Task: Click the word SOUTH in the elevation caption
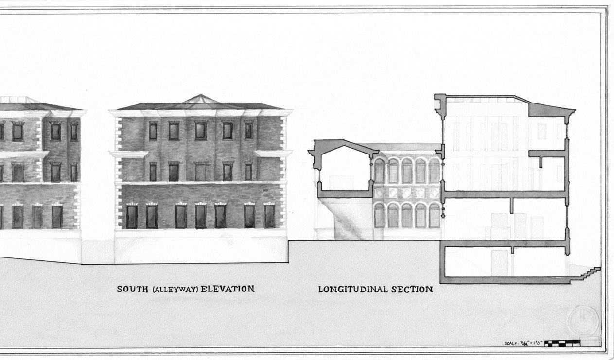[x=133, y=289]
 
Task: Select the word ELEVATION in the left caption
[x=228, y=289]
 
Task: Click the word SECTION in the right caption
[x=413, y=290]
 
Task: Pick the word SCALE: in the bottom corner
[x=513, y=343]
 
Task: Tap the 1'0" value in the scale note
[x=536, y=343]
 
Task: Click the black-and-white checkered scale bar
[x=562, y=343]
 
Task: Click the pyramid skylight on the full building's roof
[x=199, y=100]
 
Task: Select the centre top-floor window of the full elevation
[x=200, y=131]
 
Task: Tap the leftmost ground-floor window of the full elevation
[x=132, y=216]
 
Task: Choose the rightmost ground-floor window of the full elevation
[x=269, y=216]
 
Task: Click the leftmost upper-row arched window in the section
[x=379, y=171]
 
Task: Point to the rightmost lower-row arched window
[x=434, y=216]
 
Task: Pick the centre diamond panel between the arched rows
[x=407, y=193]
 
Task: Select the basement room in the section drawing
[x=506, y=262]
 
